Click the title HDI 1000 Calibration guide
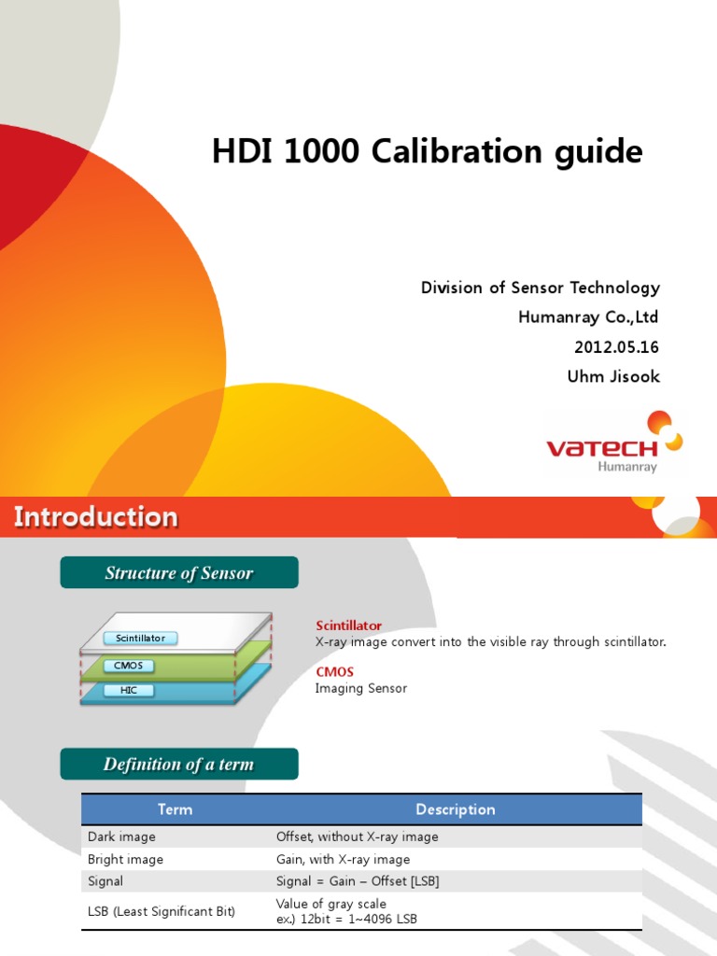(x=427, y=152)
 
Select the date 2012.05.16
(x=616, y=347)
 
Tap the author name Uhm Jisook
(x=614, y=377)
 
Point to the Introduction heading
(x=95, y=517)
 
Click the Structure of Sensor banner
(x=179, y=573)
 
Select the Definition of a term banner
(x=179, y=765)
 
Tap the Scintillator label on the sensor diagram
(x=140, y=639)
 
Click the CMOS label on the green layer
(x=129, y=666)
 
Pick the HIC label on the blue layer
(x=129, y=691)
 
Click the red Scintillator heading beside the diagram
(x=349, y=626)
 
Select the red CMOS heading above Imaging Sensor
(x=335, y=672)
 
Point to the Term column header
(x=175, y=809)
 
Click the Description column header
(x=456, y=809)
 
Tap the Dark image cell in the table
(x=122, y=837)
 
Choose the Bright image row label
(x=126, y=859)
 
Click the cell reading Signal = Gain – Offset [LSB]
(x=358, y=881)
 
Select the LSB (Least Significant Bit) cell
(x=162, y=911)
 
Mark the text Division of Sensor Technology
(x=541, y=288)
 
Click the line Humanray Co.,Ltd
(x=589, y=317)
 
